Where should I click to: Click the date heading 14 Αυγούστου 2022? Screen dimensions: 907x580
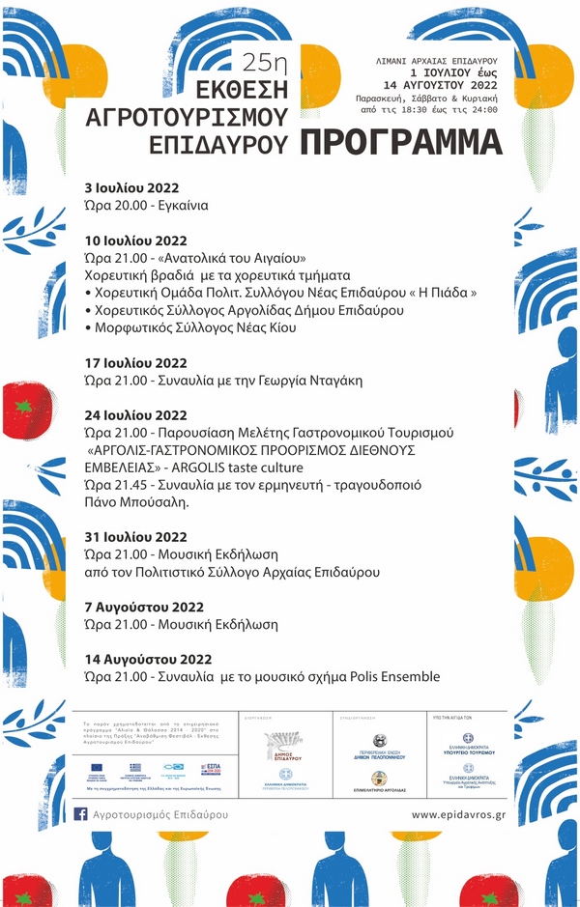(148, 660)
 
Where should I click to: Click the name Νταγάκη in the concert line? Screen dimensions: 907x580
(329, 381)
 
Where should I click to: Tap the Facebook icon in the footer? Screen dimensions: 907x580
(81, 814)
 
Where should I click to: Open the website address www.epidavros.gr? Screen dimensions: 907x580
(459, 815)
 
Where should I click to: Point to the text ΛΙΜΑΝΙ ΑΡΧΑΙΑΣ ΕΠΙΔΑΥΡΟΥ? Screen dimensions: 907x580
(438, 60)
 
